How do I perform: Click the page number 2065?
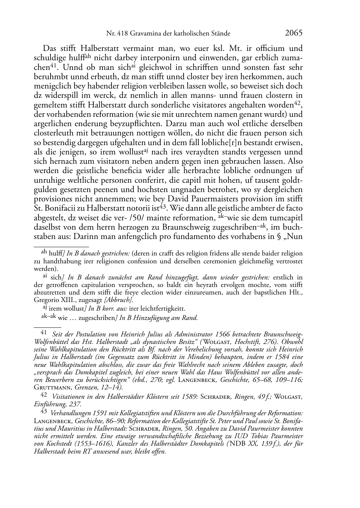pyautogui.click(x=294, y=33)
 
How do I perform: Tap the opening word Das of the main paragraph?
pyautogui.click(x=51, y=48)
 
